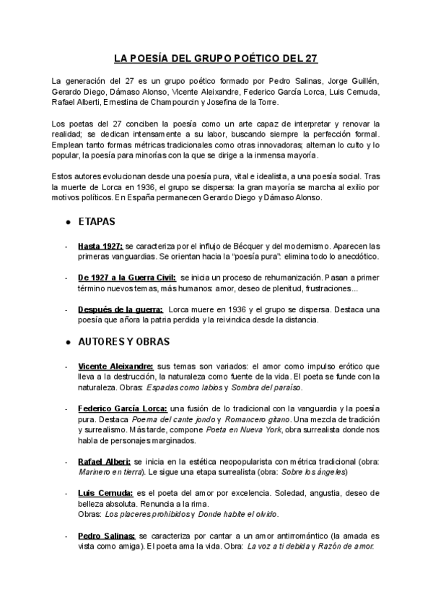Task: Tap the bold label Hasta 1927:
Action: [100, 247]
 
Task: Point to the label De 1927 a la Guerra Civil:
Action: [126, 277]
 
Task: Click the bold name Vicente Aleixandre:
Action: [115, 366]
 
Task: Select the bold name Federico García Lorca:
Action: [123, 408]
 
